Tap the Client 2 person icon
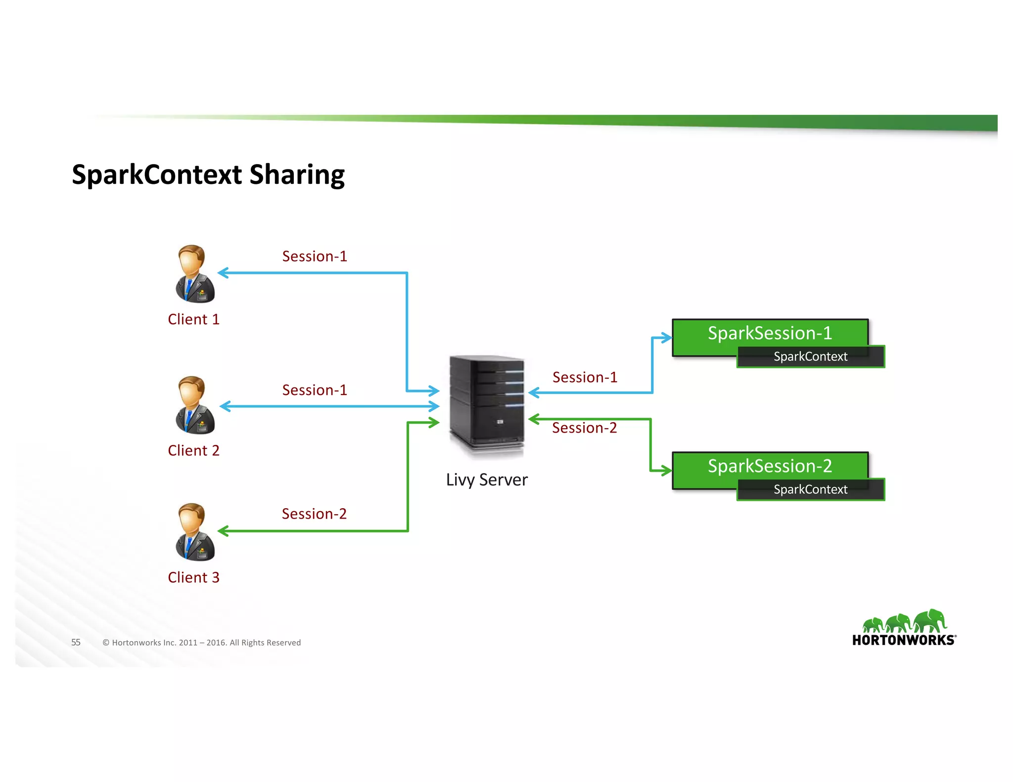(195, 405)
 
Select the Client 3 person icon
(195, 532)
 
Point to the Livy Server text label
(487, 480)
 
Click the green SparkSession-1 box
(769, 333)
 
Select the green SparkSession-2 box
(769, 466)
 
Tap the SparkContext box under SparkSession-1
(810, 357)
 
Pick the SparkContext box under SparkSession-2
(810, 490)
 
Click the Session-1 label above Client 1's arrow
(315, 257)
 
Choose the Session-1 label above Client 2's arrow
(315, 391)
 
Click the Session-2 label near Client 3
(314, 514)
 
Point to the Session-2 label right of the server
(584, 428)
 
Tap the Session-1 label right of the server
(585, 378)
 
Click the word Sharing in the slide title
(297, 175)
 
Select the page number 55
(76, 643)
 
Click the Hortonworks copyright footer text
(201, 643)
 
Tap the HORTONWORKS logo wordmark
(904, 640)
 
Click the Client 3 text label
(193, 577)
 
